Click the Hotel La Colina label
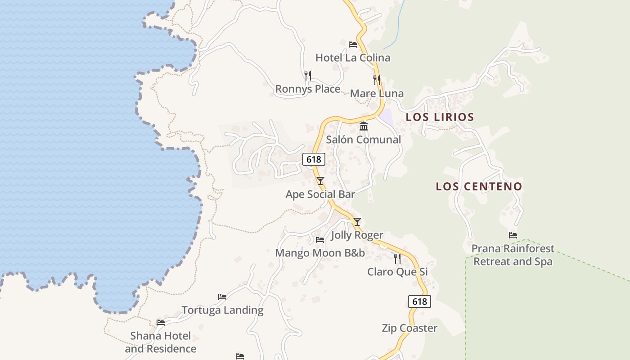coord(353,58)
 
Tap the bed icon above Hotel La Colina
coord(353,44)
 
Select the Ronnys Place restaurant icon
coord(308,75)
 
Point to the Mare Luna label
coord(377,94)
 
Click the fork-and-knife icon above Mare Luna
coord(377,80)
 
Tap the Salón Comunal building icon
coord(364,126)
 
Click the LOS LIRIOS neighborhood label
coord(440,117)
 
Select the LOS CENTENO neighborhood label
coord(479,186)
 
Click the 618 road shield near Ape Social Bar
coord(313,159)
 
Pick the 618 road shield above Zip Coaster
coord(419,301)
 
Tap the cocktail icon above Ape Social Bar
coord(320,181)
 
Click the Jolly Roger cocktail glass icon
coord(357,221)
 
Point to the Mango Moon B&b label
coord(320,253)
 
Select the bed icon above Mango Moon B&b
coord(320,239)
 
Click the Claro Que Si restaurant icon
coord(397,258)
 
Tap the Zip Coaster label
coord(409,328)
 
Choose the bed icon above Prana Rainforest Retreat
coord(513,235)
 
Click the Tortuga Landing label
coord(222,310)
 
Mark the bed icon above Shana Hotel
coord(161,322)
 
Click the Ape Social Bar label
coord(320,194)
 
